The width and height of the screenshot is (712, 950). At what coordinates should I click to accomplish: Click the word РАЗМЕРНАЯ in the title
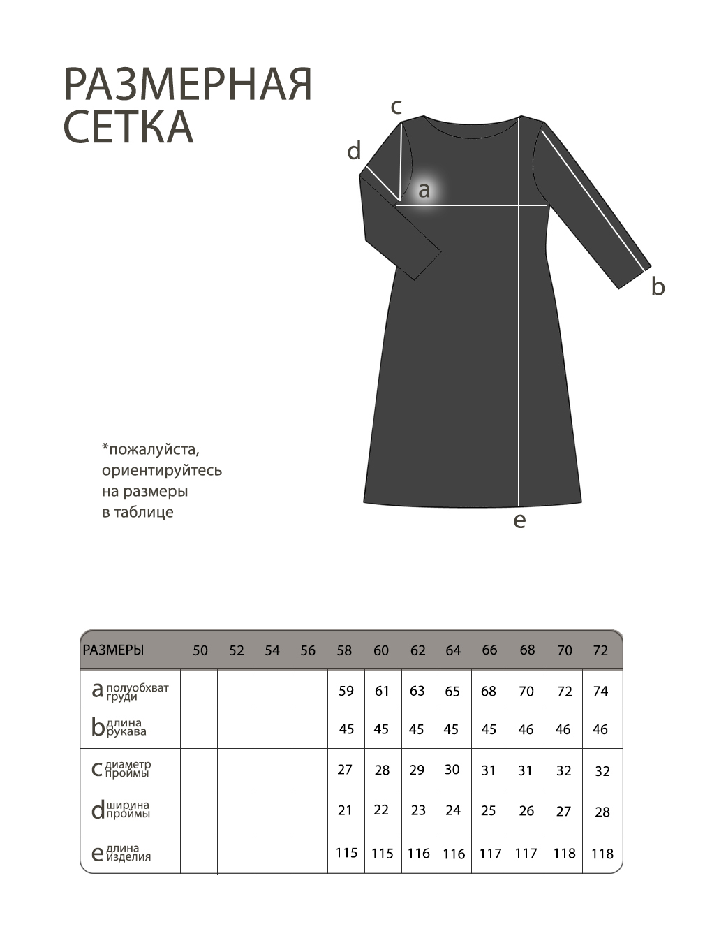187,85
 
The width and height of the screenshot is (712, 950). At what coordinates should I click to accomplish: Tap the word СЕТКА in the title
128,126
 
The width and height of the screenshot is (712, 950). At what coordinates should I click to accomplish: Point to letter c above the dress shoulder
396,107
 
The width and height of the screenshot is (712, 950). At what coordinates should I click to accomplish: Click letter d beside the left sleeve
354,150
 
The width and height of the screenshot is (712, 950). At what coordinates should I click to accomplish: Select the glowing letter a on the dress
424,189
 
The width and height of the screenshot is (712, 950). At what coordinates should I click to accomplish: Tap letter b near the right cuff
658,286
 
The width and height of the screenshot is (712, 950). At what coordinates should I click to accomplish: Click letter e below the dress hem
519,520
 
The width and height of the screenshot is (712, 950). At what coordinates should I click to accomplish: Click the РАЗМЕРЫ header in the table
113,650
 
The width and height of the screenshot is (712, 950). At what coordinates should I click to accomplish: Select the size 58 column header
344,650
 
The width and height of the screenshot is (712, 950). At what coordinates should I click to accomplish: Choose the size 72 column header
600,650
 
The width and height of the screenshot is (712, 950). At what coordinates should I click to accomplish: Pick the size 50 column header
200,650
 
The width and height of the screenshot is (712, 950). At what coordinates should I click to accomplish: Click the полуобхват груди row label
137,692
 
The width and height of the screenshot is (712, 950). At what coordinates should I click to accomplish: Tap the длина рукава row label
126,727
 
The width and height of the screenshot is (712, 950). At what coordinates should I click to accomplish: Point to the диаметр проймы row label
128,769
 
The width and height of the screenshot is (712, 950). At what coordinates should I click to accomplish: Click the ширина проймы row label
128,810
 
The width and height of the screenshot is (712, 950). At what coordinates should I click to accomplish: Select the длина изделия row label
128,852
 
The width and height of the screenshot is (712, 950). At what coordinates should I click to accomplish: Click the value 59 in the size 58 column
346,691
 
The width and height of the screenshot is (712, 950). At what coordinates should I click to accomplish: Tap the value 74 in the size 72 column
600,691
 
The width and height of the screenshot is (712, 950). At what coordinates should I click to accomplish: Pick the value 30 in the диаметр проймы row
452,769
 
